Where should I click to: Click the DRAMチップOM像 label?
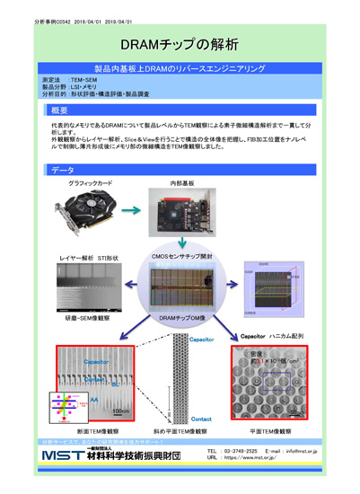coord(181,318)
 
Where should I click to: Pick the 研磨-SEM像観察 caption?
coord(78,318)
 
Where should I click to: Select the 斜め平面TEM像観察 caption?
coord(180,432)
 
